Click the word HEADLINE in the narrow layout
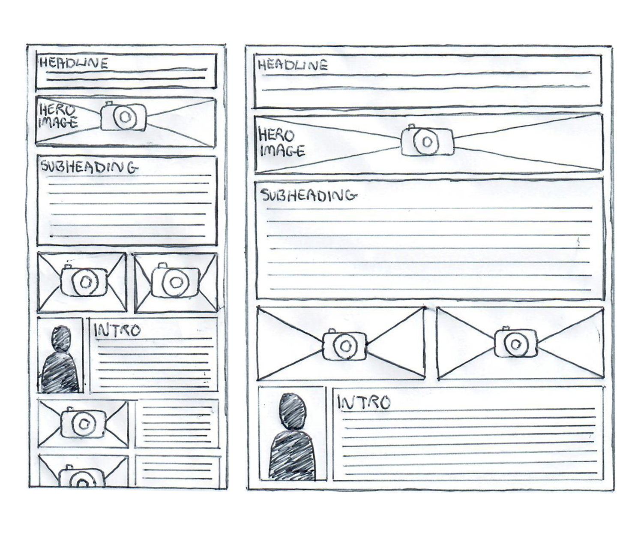pyautogui.click(x=74, y=63)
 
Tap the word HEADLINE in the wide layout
pyautogui.click(x=293, y=65)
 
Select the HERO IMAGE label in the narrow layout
pyautogui.click(x=58, y=116)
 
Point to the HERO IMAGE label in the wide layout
pyautogui.click(x=282, y=142)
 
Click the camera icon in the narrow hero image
pyautogui.click(x=123, y=116)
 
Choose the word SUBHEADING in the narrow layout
pyautogui.click(x=90, y=167)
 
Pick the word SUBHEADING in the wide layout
pyautogui.click(x=309, y=196)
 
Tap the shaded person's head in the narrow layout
pyautogui.click(x=61, y=338)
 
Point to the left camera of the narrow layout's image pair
pyautogui.click(x=84, y=280)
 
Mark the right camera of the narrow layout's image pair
pyautogui.click(x=175, y=281)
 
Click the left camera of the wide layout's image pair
pyautogui.click(x=344, y=344)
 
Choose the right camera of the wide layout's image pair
pyautogui.click(x=515, y=343)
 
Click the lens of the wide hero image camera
pyautogui.click(x=427, y=142)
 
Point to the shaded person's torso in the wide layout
pyautogui.click(x=292, y=455)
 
